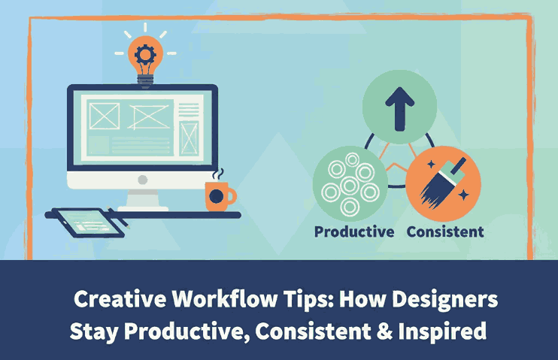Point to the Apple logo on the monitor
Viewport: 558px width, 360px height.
pyautogui.click(x=142, y=181)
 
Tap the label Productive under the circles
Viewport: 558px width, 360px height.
pyautogui.click(x=354, y=231)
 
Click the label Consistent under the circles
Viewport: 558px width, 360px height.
pyautogui.click(x=445, y=231)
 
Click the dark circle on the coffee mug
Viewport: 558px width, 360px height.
pyautogui.click(x=216, y=196)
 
